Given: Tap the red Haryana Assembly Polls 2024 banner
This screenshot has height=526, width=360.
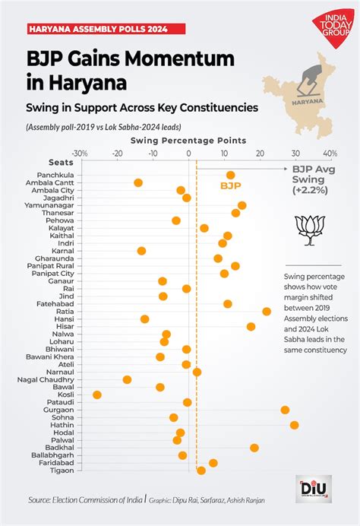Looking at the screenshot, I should pos(97,30).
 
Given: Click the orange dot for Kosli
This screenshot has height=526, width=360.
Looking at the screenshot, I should pos(97,394).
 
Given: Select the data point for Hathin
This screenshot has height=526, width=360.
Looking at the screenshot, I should pos(294,425).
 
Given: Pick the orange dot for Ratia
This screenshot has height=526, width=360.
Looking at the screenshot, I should pos(267,312).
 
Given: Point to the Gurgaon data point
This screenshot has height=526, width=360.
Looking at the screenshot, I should pos(285,410).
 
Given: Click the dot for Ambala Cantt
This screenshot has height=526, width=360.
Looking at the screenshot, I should pos(138,182).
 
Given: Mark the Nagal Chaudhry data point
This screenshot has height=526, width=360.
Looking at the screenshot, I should pos(127,379).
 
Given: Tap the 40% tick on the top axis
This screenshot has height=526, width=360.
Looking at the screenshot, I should pos(330,153).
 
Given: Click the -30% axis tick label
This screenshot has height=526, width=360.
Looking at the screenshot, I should pos(81,153).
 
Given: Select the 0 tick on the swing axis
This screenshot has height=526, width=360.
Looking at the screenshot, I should pos(189,153).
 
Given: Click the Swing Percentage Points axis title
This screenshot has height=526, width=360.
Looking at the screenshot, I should pos(188,141).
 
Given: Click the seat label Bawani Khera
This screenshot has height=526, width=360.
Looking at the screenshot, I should pos(51,356).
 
